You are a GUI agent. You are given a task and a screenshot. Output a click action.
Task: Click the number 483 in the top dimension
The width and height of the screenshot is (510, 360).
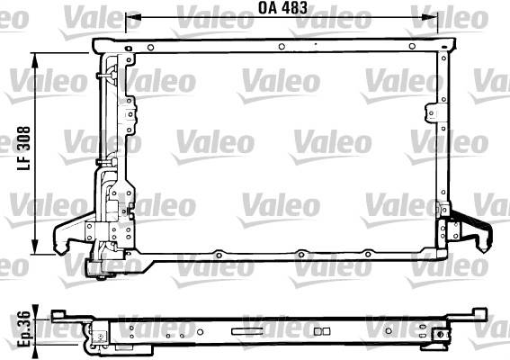[x=294, y=8]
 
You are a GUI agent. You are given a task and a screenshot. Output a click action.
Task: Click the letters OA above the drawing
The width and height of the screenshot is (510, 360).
[x=268, y=8]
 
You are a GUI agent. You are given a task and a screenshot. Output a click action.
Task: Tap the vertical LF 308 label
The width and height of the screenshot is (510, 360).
[x=23, y=148]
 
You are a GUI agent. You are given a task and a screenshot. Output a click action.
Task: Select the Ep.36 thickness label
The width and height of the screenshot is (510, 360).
[x=23, y=329]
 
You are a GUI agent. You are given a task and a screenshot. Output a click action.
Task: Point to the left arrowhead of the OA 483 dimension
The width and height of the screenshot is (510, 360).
[x=133, y=17]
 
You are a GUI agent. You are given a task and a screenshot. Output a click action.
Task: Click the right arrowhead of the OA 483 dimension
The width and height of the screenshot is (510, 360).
[x=430, y=17]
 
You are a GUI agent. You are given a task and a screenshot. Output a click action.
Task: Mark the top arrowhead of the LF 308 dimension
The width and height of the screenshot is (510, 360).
[x=35, y=60]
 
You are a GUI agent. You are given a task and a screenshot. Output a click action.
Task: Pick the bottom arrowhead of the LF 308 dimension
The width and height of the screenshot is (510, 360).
[x=35, y=247]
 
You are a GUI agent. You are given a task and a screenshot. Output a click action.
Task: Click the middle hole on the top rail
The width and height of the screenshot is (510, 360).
[x=282, y=47]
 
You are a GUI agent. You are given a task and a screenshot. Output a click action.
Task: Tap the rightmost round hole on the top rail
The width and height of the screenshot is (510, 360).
[x=412, y=46]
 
